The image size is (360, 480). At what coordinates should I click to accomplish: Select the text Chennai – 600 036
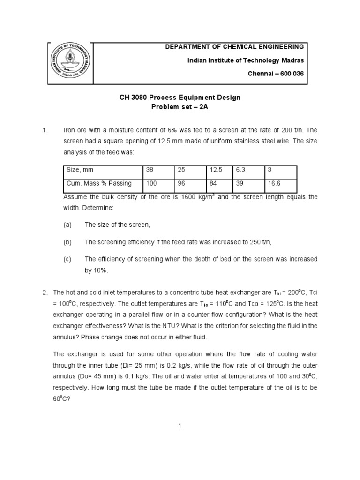pyautogui.click(x=276, y=75)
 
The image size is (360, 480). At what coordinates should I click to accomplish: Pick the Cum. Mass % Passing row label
pyautogui.click(x=99, y=183)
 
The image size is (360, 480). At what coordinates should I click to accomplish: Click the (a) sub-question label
pyautogui.click(x=67, y=225)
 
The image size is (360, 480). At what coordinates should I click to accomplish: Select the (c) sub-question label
pyautogui.click(x=67, y=259)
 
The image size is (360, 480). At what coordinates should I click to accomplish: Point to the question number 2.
pyautogui.click(x=45, y=292)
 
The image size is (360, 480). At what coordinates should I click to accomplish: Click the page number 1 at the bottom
pyautogui.click(x=180, y=426)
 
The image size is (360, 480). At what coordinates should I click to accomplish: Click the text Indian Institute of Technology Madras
pyautogui.click(x=246, y=61)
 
